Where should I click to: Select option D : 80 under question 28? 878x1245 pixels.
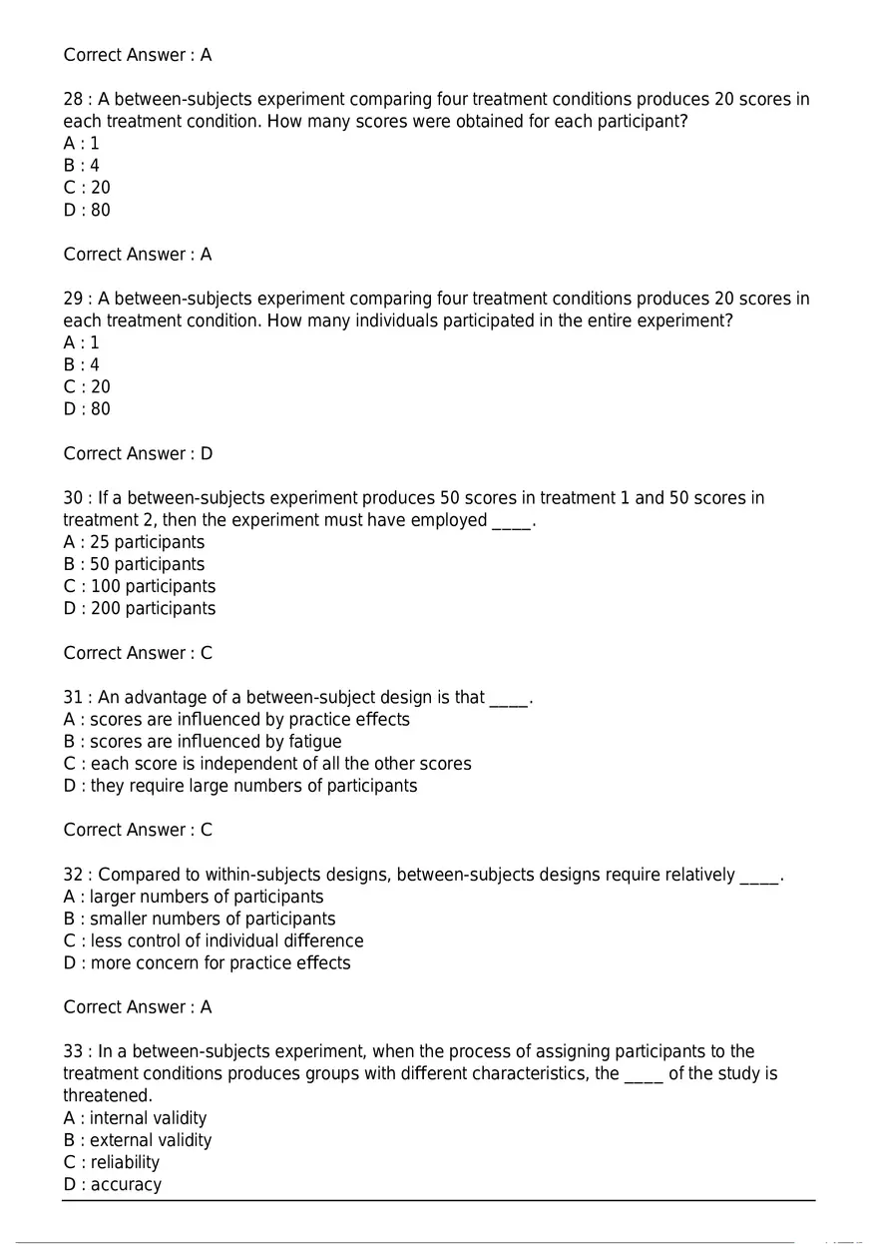pyautogui.click(x=87, y=210)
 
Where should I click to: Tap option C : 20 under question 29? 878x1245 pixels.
pyautogui.click(x=87, y=386)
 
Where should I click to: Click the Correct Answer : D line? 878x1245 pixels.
pyautogui.click(x=138, y=453)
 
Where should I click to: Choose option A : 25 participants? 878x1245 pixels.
pyautogui.click(x=134, y=542)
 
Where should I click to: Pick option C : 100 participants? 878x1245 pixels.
pyautogui.click(x=140, y=586)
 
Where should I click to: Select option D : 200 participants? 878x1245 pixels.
pyautogui.click(x=140, y=608)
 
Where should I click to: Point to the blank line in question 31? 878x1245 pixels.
pyautogui.click(x=508, y=698)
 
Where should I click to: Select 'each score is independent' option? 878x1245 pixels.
pyautogui.click(x=267, y=763)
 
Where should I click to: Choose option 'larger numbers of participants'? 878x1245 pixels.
pyautogui.click(x=194, y=897)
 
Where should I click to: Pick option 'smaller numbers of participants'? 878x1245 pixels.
pyautogui.click(x=200, y=919)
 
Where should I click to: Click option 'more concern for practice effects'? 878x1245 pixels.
pyautogui.click(x=207, y=962)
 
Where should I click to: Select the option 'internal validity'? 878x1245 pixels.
pyautogui.click(x=135, y=1118)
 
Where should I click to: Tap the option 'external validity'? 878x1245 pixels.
pyautogui.click(x=138, y=1140)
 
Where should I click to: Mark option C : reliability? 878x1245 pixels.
pyautogui.click(x=112, y=1162)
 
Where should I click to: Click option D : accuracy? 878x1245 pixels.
pyautogui.click(x=113, y=1184)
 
